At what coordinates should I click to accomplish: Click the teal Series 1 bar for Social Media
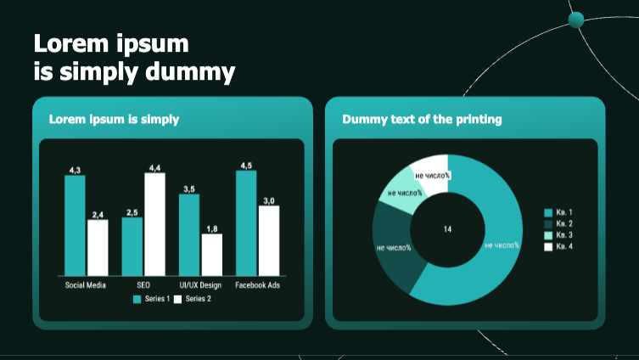coord(75,226)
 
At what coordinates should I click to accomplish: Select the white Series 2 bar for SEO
coord(154,224)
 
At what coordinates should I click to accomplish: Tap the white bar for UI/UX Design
coord(212,255)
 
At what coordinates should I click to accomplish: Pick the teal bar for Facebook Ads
coord(246,223)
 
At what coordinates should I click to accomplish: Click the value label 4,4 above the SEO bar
coord(154,168)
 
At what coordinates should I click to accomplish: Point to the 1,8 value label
coord(212,228)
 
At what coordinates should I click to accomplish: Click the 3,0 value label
coord(269,200)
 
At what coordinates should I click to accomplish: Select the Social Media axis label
coord(85,285)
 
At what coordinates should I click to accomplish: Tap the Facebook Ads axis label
coord(258,285)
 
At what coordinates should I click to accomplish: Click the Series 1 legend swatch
coord(137,299)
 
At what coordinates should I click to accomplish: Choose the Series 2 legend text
coord(199,299)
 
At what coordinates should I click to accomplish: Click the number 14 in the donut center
coord(447,229)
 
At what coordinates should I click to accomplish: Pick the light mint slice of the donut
coord(401,191)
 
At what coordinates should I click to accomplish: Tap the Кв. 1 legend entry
coord(558,212)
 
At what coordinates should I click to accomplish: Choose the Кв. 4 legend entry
coord(558,246)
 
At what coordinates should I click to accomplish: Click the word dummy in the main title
coord(190,72)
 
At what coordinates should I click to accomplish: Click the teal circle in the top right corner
coord(576,20)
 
